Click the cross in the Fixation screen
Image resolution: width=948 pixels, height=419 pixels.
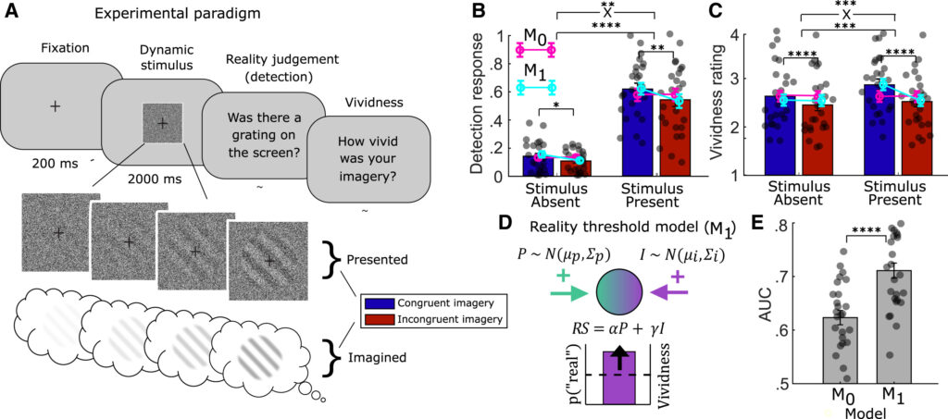click(56, 106)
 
